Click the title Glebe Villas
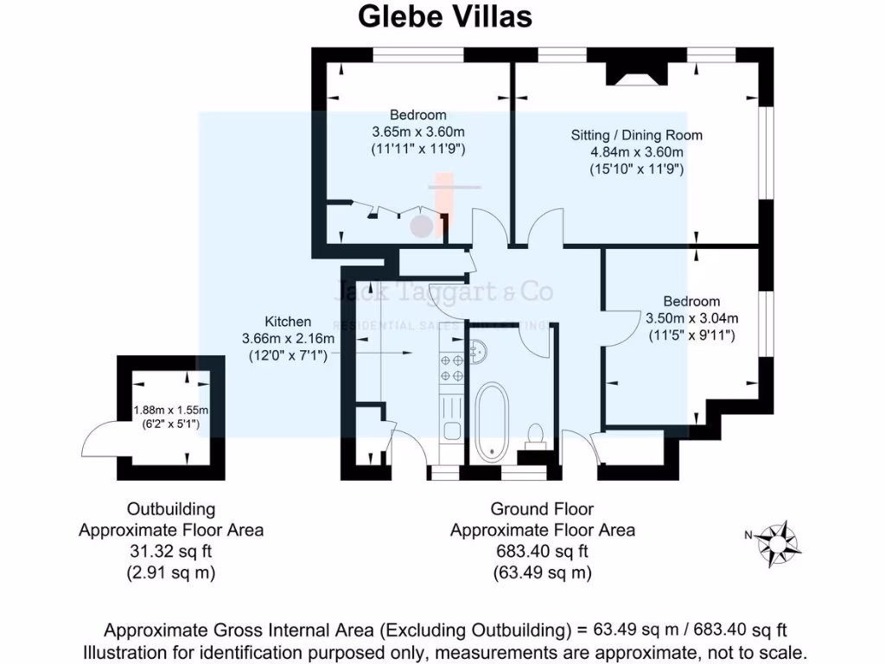pyautogui.click(x=445, y=16)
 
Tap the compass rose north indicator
pyautogui.click(x=778, y=542)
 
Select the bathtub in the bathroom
pyautogui.click(x=493, y=421)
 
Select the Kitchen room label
pyautogui.click(x=288, y=322)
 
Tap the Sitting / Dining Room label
pyautogui.click(x=636, y=135)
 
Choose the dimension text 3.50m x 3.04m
pyautogui.click(x=691, y=318)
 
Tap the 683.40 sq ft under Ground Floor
pyautogui.click(x=542, y=552)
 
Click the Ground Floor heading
pyautogui.click(x=542, y=509)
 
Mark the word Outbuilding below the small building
pyautogui.click(x=171, y=509)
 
